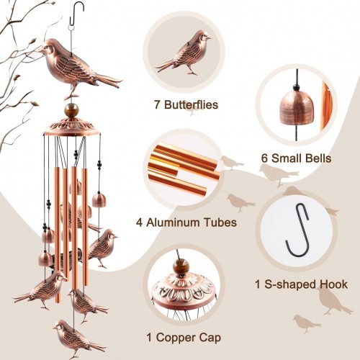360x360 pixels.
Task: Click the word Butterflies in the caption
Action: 192,105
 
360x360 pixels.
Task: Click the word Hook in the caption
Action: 333,284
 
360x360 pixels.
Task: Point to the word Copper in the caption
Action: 176,338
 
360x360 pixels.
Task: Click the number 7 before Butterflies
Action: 157,105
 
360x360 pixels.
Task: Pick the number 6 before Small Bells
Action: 264,158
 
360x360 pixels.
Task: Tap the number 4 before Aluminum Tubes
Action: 140,222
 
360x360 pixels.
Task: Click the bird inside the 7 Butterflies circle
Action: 184,52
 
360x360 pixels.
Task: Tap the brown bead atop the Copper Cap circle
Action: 180,266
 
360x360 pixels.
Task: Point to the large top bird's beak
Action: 39,50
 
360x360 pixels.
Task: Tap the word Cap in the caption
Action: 210,338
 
